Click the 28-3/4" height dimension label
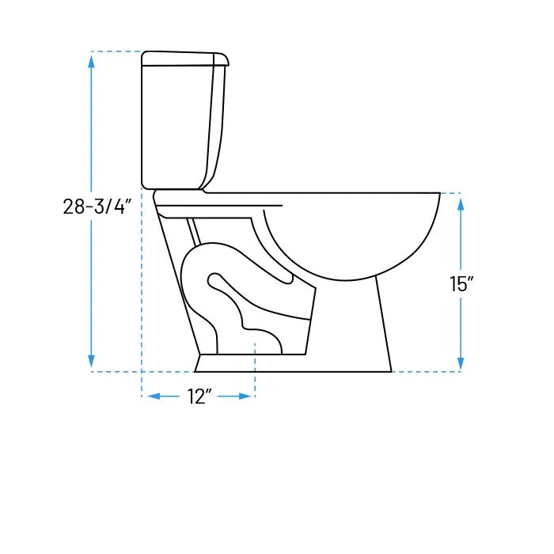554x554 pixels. point(97,207)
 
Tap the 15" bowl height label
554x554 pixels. point(461,283)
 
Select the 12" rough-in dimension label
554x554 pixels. point(199,397)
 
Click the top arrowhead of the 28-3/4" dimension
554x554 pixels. point(92,62)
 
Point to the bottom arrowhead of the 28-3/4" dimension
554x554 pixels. point(92,361)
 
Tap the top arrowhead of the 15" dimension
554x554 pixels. point(461,204)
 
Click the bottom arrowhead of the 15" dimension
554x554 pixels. point(461,363)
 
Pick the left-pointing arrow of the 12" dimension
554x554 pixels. point(163,397)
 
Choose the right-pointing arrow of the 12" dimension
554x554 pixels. point(234,397)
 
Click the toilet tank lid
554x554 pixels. point(184,59)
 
